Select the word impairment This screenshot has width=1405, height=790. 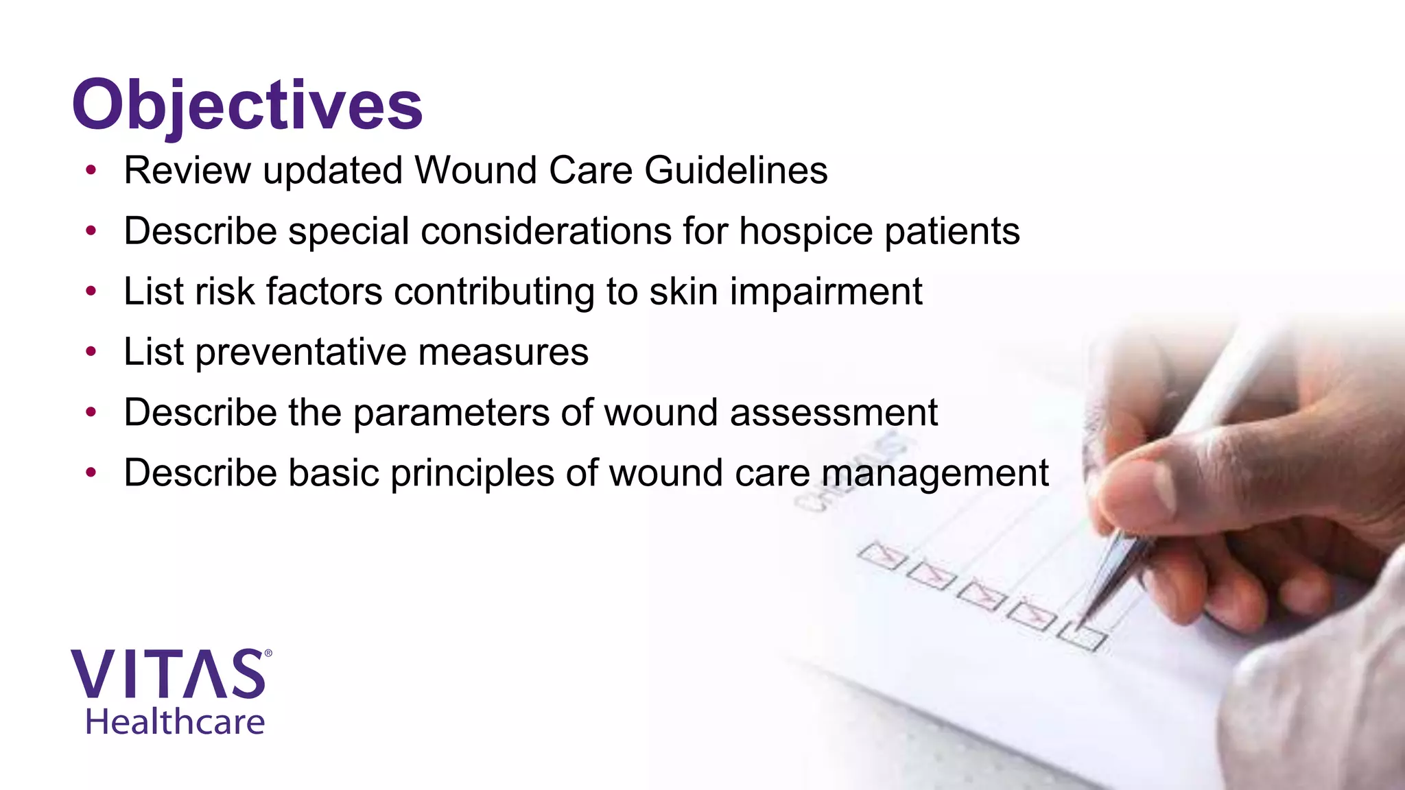pyautogui.click(x=826, y=291)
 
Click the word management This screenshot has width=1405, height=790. pyautogui.click(x=935, y=473)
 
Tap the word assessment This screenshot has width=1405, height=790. pyautogui.click(x=834, y=413)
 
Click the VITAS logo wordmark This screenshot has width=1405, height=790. pyautogui.click(x=168, y=674)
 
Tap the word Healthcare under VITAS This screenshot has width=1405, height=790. pyautogui.click(x=175, y=722)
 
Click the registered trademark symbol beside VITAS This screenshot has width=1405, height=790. pyautogui.click(x=268, y=654)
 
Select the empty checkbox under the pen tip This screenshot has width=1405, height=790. pyautogui.click(x=1082, y=636)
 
